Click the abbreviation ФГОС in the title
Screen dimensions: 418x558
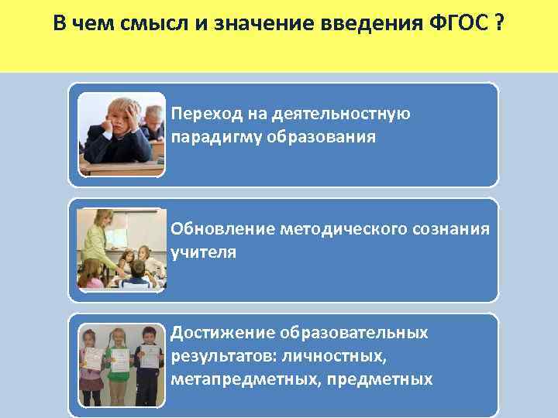[x=455, y=23]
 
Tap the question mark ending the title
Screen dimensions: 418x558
[x=496, y=23]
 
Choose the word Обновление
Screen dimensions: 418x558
[x=222, y=229]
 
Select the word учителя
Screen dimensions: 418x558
[x=203, y=252]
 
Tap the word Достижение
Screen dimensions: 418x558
[x=222, y=333]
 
